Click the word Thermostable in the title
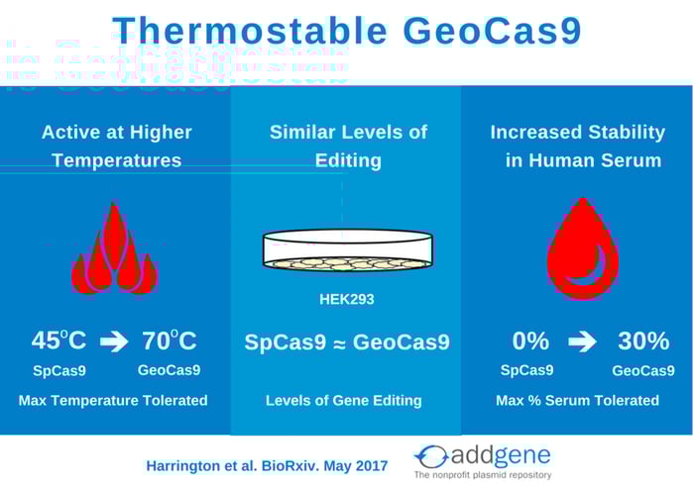tap(250, 31)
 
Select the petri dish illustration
tap(347, 249)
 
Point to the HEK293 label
tap(347, 299)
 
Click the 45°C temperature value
tap(58, 341)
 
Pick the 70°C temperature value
tap(170, 341)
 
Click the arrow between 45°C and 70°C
tap(114, 342)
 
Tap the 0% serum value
tap(530, 341)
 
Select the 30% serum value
tap(643, 341)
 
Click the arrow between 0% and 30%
tap(582, 342)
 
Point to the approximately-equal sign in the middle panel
tap(339, 344)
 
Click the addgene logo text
tap(501, 456)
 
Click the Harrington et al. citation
tap(267, 466)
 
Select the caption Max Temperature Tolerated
tap(113, 400)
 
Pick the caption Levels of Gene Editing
tap(344, 400)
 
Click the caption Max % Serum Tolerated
tap(577, 400)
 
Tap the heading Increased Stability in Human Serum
tap(578, 147)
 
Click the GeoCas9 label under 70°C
tap(169, 370)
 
